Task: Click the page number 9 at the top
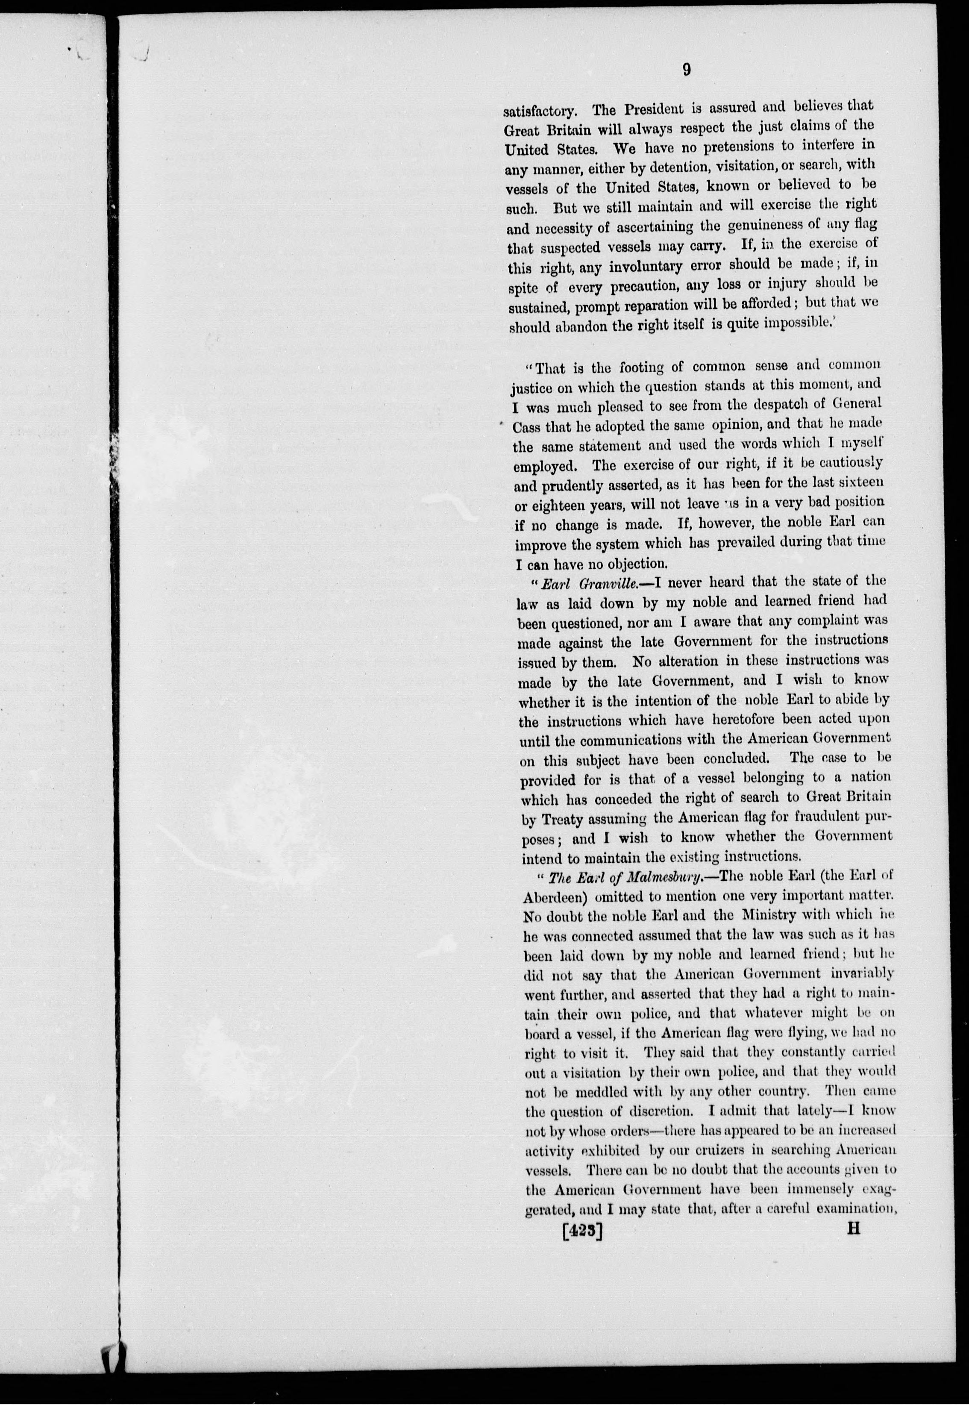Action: [686, 70]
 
